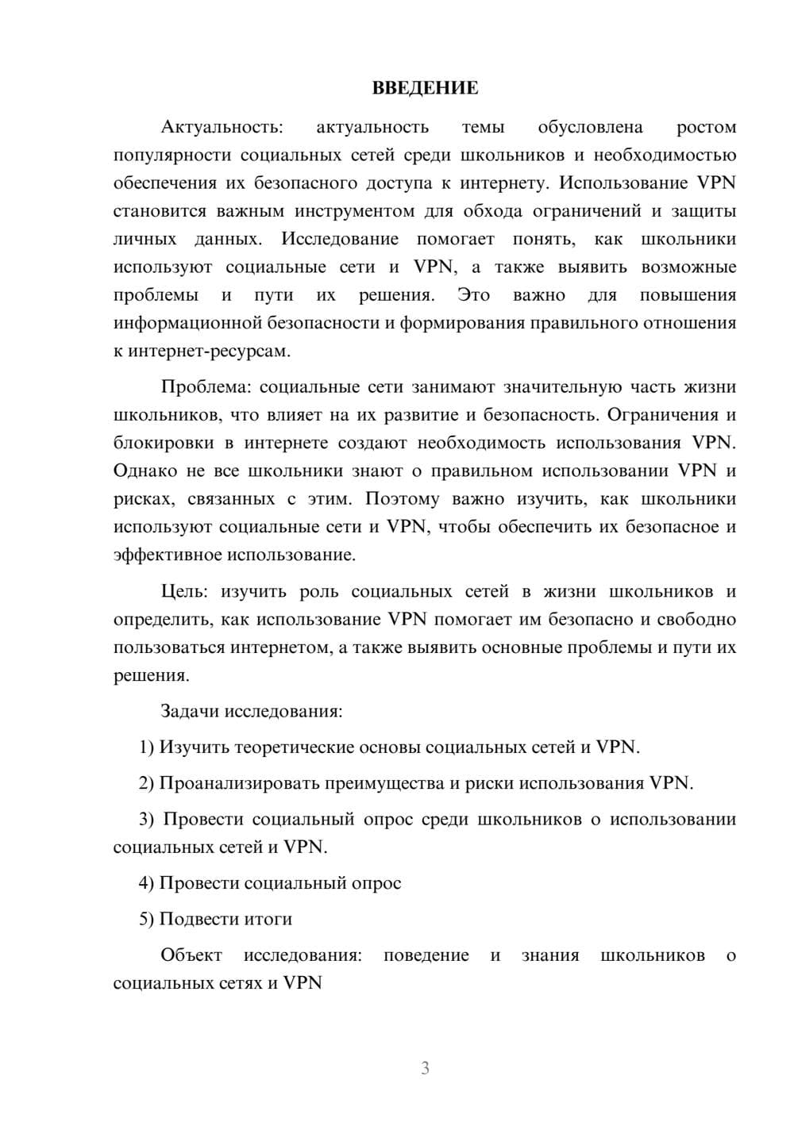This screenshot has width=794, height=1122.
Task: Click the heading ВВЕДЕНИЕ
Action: pyautogui.click(x=425, y=88)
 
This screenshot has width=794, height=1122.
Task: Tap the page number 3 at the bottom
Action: pyautogui.click(x=425, y=1068)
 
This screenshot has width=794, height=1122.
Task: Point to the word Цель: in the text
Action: pyautogui.click(x=184, y=591)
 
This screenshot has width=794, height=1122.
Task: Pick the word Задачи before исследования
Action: pyautogui.click(x=190, y=711)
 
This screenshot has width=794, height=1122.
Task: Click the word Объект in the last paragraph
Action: pyautogui.click(x=191, y=955)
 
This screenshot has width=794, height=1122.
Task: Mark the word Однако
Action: pyautogui.click(x=145, y=471)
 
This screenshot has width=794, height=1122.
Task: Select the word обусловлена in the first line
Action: pyautogui.click(x=590, y=127)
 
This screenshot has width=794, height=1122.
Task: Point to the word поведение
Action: pyautogui.click(x=426, y=955)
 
